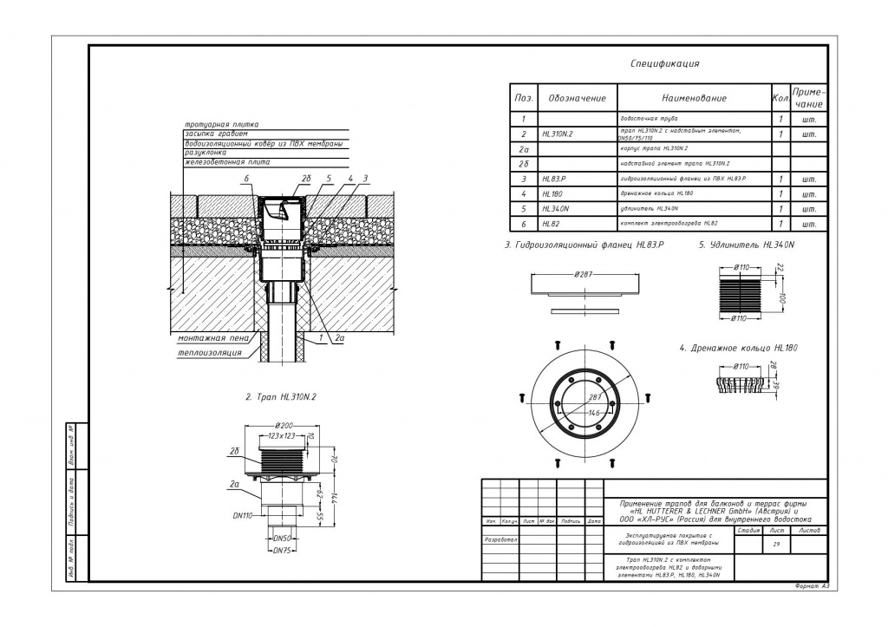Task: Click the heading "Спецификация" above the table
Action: (x=664, y=63)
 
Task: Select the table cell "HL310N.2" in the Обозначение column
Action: (x=558, y=134)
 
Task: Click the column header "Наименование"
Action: (x=694, y=98)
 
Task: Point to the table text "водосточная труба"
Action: (x=649, y=118)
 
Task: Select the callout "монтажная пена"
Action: (x=212, y=338)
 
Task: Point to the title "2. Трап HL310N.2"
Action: (x=281, y=396)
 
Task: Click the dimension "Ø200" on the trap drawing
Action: (x=284, y=425)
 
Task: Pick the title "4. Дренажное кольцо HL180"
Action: (x=738, y=348)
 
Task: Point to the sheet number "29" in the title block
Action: (x=776, y=544)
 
